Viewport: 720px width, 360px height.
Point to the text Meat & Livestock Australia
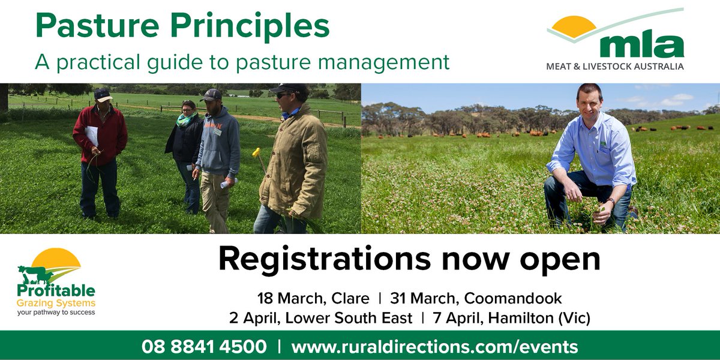pos(614,67)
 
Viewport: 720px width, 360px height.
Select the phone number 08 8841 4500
pos(204,347)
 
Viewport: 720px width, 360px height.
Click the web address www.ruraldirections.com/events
pos(434,347)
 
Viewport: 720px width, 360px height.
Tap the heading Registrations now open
pos(409,259)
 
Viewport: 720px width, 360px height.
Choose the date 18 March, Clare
pos(312,298)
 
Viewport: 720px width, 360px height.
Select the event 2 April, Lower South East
pos(320,318)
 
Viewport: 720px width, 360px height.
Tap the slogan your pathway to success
pos(56,312)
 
